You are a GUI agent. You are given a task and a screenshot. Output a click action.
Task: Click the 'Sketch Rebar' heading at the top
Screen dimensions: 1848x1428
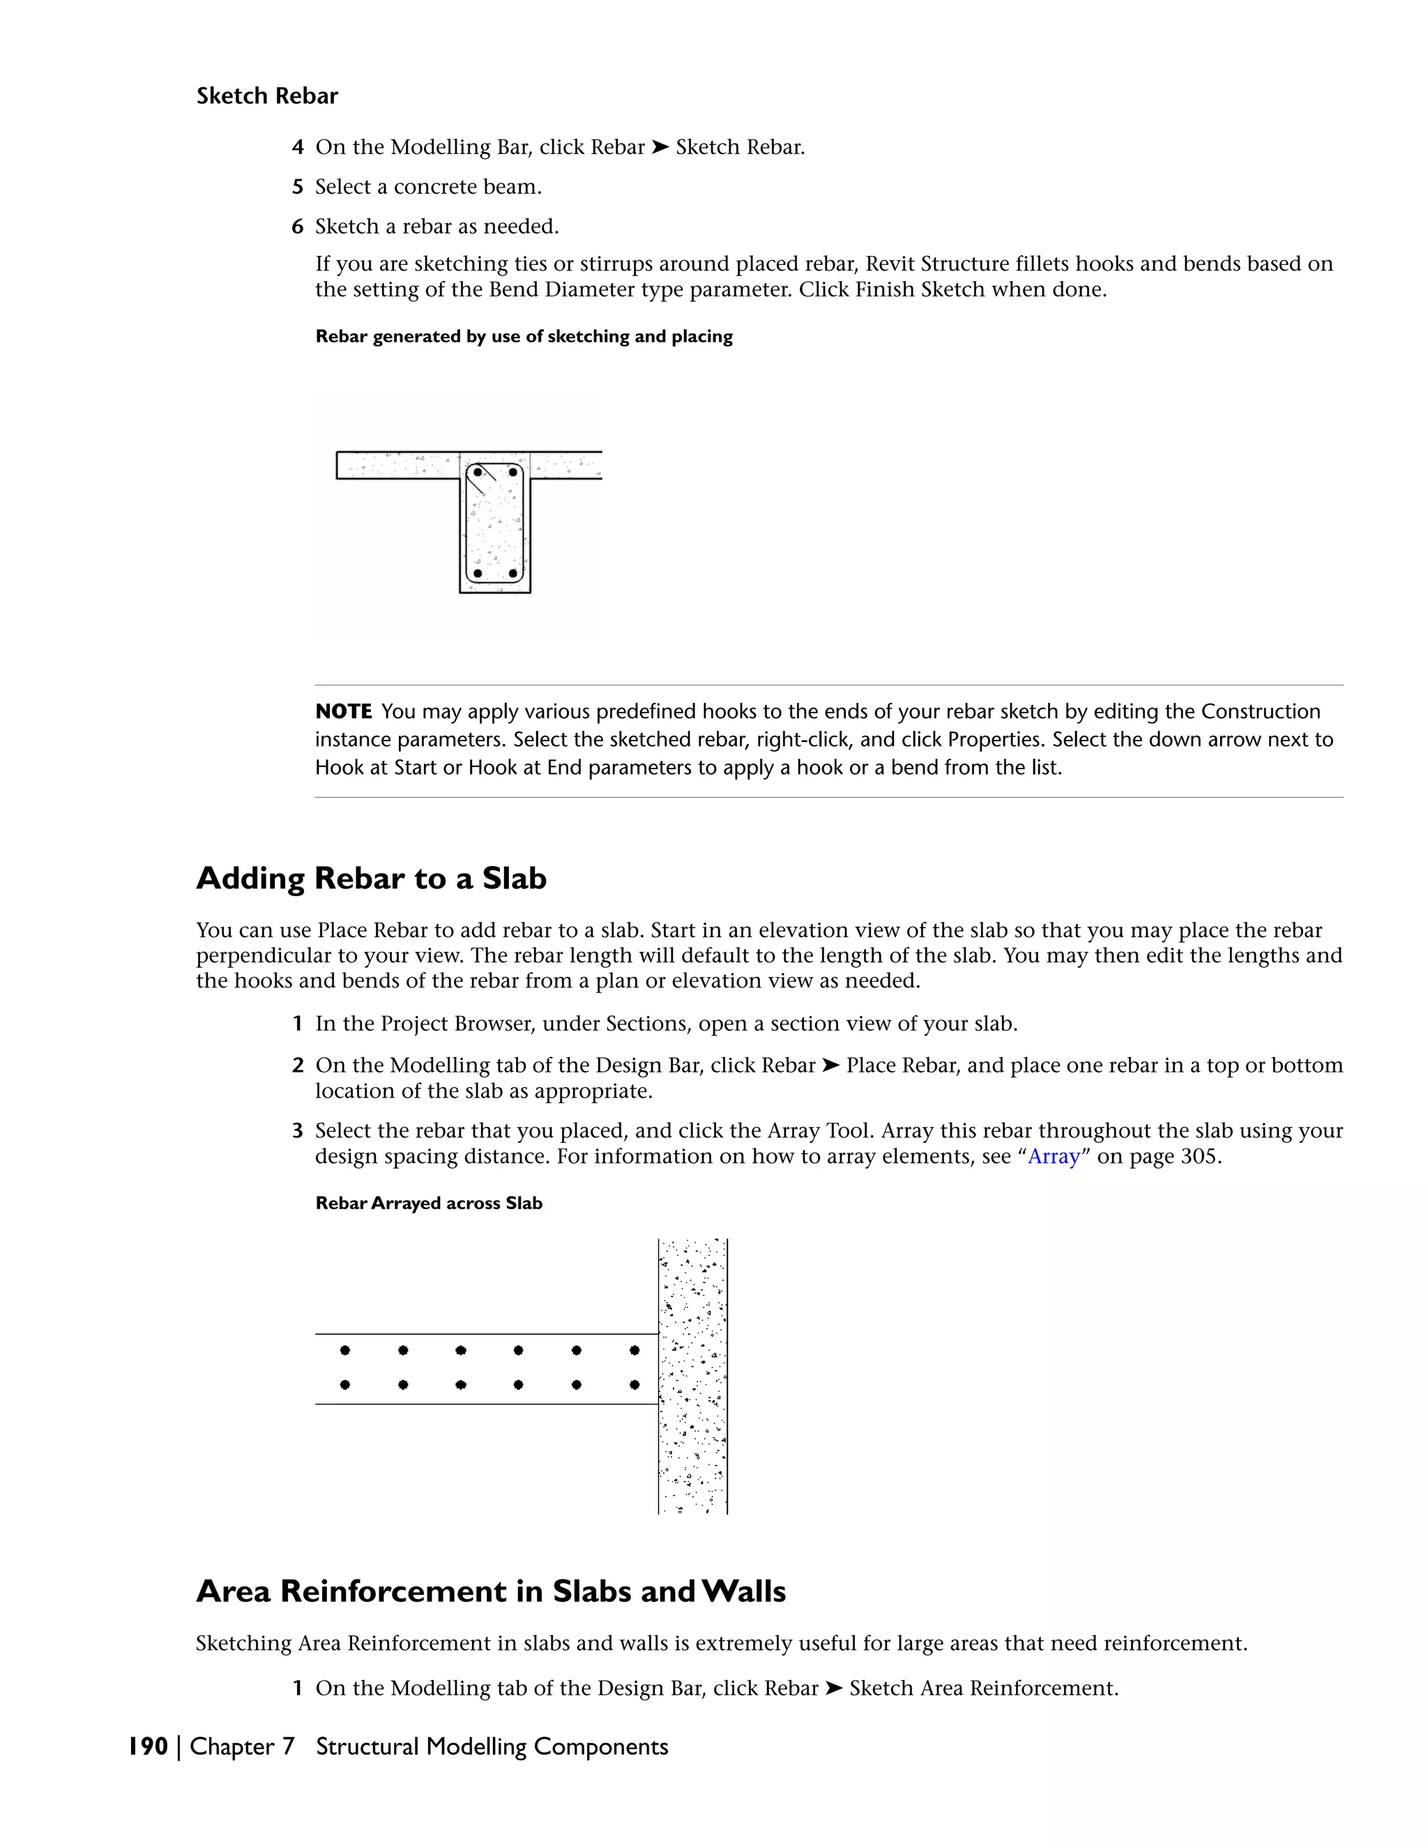[266, 96]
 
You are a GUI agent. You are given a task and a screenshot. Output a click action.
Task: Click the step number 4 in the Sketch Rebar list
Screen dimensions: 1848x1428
[298, 147]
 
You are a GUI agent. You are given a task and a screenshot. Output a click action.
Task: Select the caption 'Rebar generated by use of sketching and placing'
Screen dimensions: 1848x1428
[524, 337]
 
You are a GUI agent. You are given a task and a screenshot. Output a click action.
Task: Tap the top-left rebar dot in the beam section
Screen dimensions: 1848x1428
[478, 472]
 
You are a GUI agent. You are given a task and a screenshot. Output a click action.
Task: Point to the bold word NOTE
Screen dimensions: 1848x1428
[344, 711]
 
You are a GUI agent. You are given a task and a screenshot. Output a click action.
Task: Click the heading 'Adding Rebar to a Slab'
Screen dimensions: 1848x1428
[372, 878]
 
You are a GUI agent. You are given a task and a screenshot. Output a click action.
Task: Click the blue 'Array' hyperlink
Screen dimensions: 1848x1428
[1054, 1157]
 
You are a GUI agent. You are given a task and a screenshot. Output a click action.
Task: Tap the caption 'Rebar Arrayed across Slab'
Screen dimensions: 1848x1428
[428, 1203]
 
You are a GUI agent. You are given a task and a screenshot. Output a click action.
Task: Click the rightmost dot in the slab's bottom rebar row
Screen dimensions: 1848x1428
[635, 1385]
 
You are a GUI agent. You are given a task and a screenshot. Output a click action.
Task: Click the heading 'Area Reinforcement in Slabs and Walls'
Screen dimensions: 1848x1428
[491, 1591]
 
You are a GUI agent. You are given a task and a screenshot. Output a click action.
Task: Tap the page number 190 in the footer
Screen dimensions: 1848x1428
[148, 1746]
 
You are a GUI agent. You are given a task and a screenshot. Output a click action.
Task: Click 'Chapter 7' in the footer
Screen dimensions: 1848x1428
[242, 1746]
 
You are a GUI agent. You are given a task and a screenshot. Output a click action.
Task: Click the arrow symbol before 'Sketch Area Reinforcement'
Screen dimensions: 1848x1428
[833, 1688]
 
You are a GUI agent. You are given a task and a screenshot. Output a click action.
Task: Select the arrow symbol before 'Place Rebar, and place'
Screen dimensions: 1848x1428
[830, 1066]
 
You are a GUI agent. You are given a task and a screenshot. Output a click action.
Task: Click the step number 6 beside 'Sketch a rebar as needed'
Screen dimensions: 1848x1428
[298, 227]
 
